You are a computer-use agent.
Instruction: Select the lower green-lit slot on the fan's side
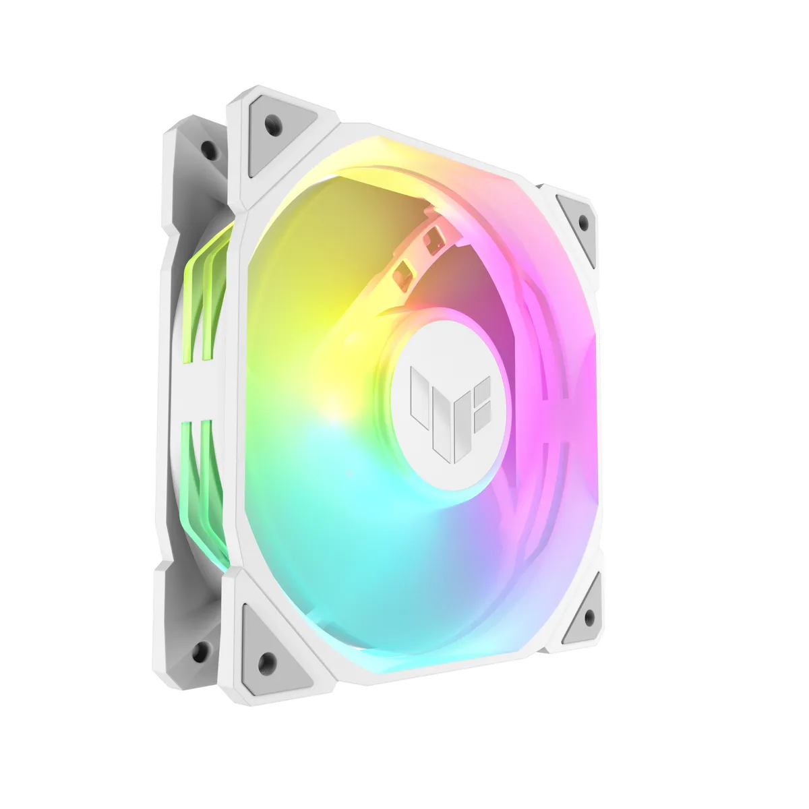click(202, 479)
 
